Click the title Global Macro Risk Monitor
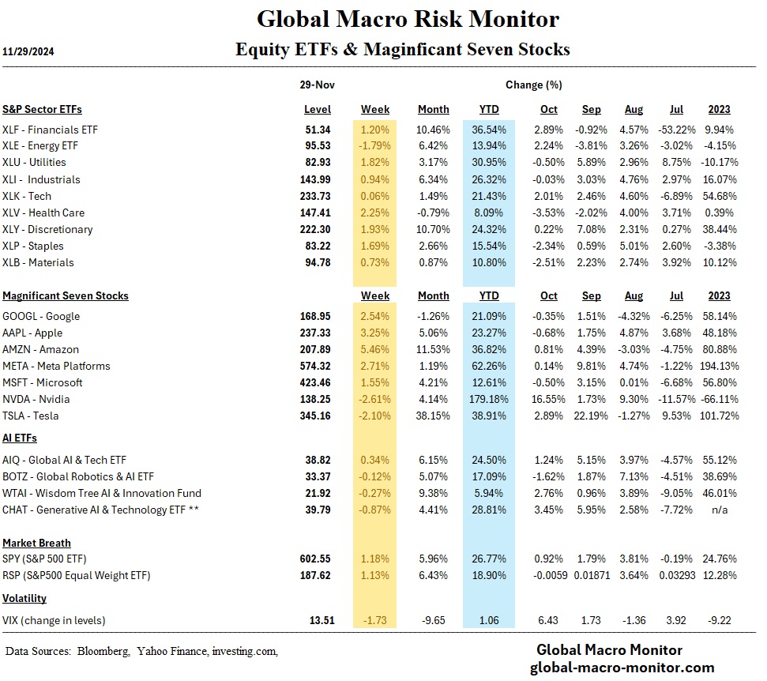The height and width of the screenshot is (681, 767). click(408, 18)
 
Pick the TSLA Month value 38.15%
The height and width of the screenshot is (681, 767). click(433, 416)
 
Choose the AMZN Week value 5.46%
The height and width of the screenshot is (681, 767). click(374, 349)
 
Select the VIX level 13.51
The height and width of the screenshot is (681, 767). click(317, 620)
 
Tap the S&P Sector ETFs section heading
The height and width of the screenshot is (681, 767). click(42, 109)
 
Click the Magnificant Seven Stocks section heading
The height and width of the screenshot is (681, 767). click(66, 295)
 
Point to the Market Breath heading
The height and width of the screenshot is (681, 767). click(36, 543)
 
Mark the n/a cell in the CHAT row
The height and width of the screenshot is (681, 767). click(719, 510)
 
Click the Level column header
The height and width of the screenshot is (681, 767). click(318, 109)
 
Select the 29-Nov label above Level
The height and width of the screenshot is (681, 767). click(317, 85)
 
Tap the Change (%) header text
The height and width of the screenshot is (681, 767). click(533, 85)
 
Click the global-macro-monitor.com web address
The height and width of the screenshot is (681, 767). click(622, 668)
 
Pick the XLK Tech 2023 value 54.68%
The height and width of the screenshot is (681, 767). click(716, 196)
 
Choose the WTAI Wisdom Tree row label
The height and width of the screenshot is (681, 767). click(102, 493)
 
